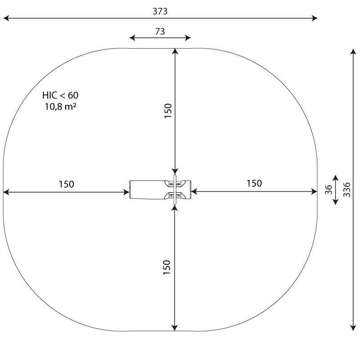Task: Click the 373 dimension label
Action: click(x=160, y=11)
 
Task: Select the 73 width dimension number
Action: click(x=160, y=31)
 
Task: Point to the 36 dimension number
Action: click(x=328, y=189)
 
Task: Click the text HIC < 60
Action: click(x=60, y=95)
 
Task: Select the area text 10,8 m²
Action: click(x=60, y=107)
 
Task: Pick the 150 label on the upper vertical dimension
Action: click(x=168, y=111)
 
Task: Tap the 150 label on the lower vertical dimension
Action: click(x=166, y=267)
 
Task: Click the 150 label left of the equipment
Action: click(x=66, y=184)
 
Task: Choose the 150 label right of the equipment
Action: click(x=254, y=183)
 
